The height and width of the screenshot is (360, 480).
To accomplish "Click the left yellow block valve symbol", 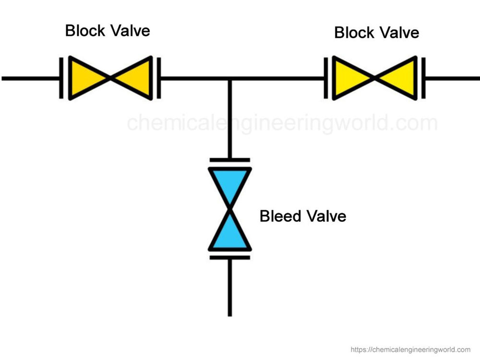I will tap(110, 78).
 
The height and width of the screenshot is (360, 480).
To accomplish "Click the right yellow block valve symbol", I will tap(375, 78).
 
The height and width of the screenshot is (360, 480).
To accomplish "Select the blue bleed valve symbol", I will tap(229, 209).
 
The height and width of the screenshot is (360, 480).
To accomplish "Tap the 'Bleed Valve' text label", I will tap(302, 216).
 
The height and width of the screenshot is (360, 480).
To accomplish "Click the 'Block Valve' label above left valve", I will tap(108, 31).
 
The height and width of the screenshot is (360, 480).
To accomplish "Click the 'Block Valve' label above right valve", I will tap(376, 33).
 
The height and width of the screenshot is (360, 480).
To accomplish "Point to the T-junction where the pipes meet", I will tap(229, 78).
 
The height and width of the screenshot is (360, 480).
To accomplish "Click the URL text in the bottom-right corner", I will tap(410, 349).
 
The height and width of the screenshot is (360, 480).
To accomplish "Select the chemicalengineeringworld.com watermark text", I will tap(282, 123).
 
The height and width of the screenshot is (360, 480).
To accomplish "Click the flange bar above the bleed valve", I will tap(229, 160).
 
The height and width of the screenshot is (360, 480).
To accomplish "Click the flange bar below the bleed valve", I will tap(229, 257).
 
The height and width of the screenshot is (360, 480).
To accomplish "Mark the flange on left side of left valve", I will tap(61, 78).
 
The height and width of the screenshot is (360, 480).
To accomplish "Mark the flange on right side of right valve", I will tap(424, 78).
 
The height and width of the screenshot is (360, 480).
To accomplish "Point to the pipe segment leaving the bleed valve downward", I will tap(229, 288).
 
